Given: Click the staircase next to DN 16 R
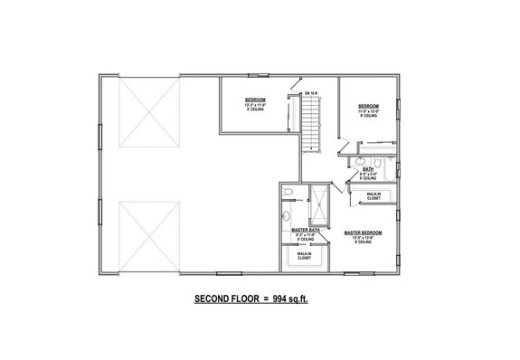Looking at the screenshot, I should pos(312,126).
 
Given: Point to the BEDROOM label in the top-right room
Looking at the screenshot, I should pos(368,106).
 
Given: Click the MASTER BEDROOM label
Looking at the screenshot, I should pos(364,232).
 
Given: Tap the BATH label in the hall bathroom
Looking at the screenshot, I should pos(369,168).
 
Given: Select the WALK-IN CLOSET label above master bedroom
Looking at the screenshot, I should pos(373,195).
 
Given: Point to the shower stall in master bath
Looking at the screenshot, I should pos(318,204).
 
